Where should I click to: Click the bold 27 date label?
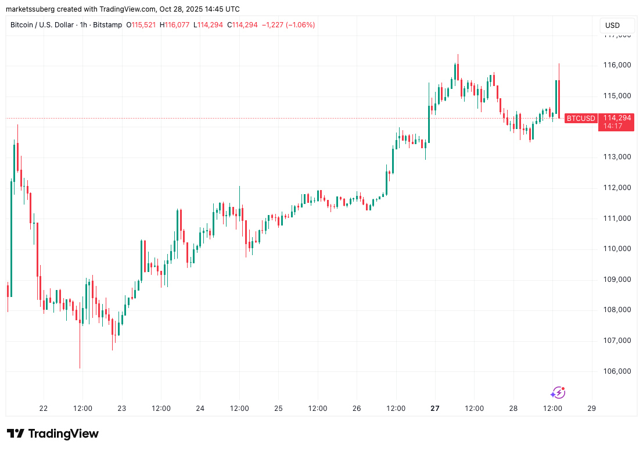click(435, 409)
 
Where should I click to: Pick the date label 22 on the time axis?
click(44, 409)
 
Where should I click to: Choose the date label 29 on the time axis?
click(592, 409)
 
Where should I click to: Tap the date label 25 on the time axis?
click(278, 409)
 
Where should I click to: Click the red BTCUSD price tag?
click(581, 119)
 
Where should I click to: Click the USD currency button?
click(612, 26)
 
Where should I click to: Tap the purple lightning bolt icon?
click(558, 393)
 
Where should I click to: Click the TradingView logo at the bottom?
click(53, 434)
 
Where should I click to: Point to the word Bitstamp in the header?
click(108, 25)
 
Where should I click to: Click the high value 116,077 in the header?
click(181, 25)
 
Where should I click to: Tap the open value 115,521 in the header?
click(142, 25)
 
